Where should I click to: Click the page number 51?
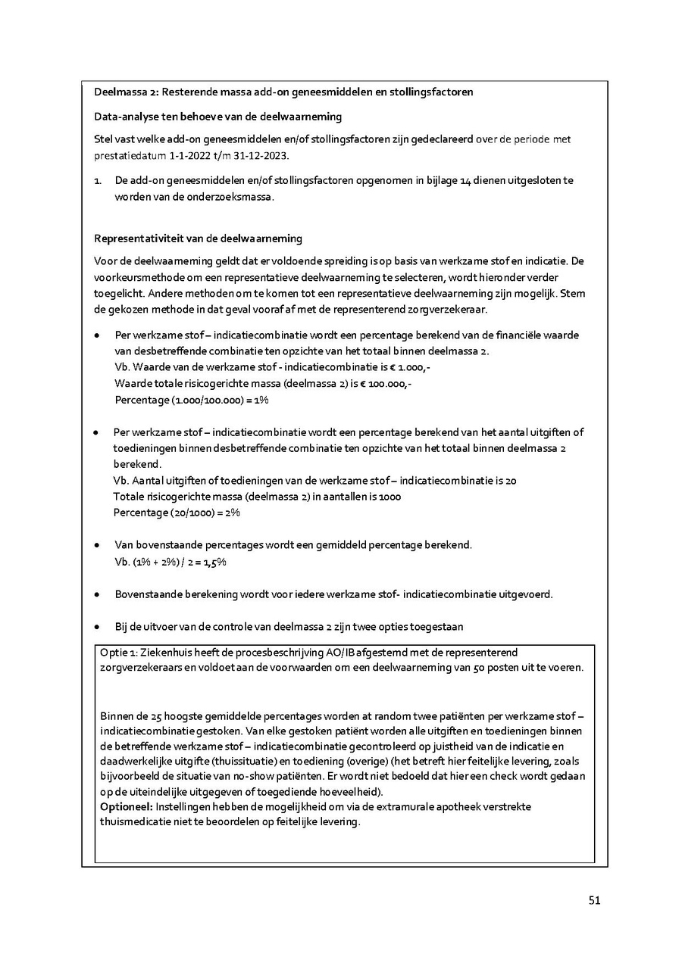tap(594, 900)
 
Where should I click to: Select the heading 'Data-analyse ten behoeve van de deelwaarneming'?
tap(217, 117)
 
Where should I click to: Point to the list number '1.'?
tap(98, 180)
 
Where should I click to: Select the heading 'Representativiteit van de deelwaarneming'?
tap(198, 238)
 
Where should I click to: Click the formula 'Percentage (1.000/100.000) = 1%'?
tap(192, 399)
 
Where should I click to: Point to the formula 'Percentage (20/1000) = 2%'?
tap(177, 513)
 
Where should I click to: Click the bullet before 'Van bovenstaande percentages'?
tap(97, 545)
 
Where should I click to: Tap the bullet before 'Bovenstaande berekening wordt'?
tap(97, 594)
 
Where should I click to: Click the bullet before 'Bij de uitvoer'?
tap(97, 628)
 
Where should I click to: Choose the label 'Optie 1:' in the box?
tap(118, 652)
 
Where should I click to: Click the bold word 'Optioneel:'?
tap(127, 807)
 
